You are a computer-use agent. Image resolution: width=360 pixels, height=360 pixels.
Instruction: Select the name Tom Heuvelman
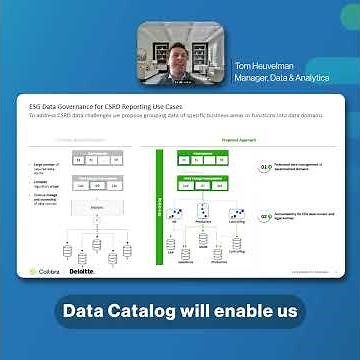pyautogui.click(x=264, y=68)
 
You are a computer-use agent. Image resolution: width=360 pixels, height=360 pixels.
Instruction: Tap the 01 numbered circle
pyautogui.click(x=265, y=168)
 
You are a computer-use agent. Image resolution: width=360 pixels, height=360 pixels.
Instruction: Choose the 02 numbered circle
pyautogui.click(x=265, y=215)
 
